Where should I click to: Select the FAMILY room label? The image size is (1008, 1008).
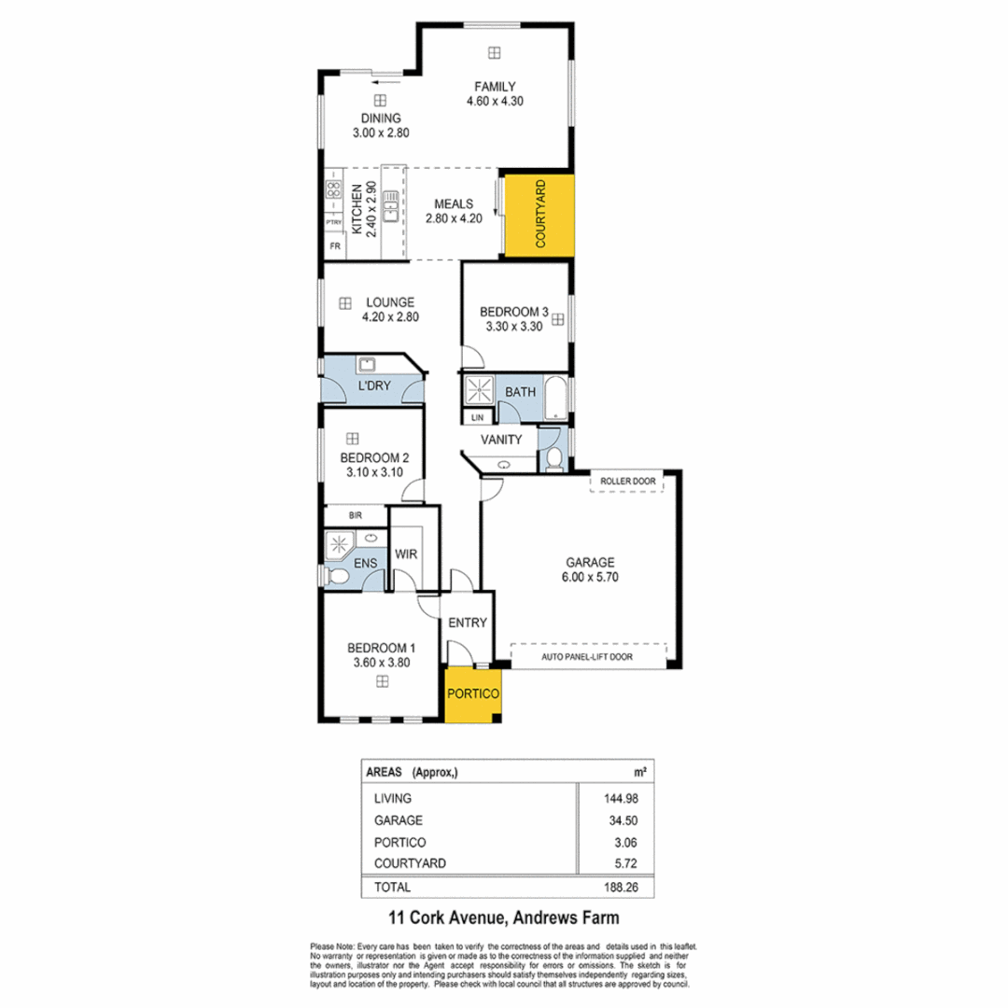pos(495,87)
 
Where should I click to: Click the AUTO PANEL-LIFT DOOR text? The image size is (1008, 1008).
pos(587,657)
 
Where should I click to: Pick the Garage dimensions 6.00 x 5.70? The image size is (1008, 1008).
pos(589,577)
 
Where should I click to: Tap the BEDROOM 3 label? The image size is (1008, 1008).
pos(512,312)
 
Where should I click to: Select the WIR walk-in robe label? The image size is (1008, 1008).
pos(405,553)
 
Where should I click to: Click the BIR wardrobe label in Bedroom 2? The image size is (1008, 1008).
pos(355,514)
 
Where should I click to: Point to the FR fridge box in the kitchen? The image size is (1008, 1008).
pos(334,247)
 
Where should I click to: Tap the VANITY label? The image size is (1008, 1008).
pos(501,439)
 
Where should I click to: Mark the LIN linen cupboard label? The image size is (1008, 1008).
pos(478,417)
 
